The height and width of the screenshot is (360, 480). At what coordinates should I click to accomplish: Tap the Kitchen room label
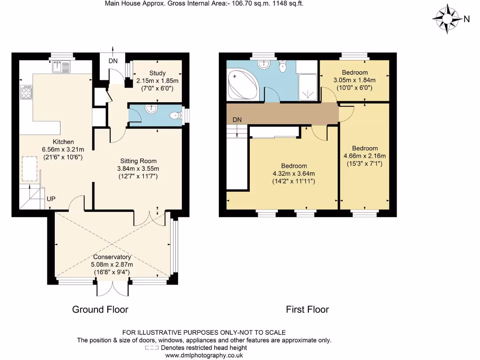63,142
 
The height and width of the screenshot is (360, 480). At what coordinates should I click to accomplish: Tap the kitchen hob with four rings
25,91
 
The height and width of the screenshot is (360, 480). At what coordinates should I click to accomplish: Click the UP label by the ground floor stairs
51,199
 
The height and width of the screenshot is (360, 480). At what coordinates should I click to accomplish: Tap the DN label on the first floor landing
237,120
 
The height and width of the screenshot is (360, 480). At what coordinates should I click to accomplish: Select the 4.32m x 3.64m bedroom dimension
294,173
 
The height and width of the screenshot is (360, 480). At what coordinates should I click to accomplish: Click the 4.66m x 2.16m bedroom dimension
365,156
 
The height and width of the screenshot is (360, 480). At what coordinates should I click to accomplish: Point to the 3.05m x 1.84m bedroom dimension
354,80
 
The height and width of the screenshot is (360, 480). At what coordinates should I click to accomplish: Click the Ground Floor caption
100,309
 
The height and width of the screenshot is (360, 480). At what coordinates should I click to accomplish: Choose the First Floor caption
307,309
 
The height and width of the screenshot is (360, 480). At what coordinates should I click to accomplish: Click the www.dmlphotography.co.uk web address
204,355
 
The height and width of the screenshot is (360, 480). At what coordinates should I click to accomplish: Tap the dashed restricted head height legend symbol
151,348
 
